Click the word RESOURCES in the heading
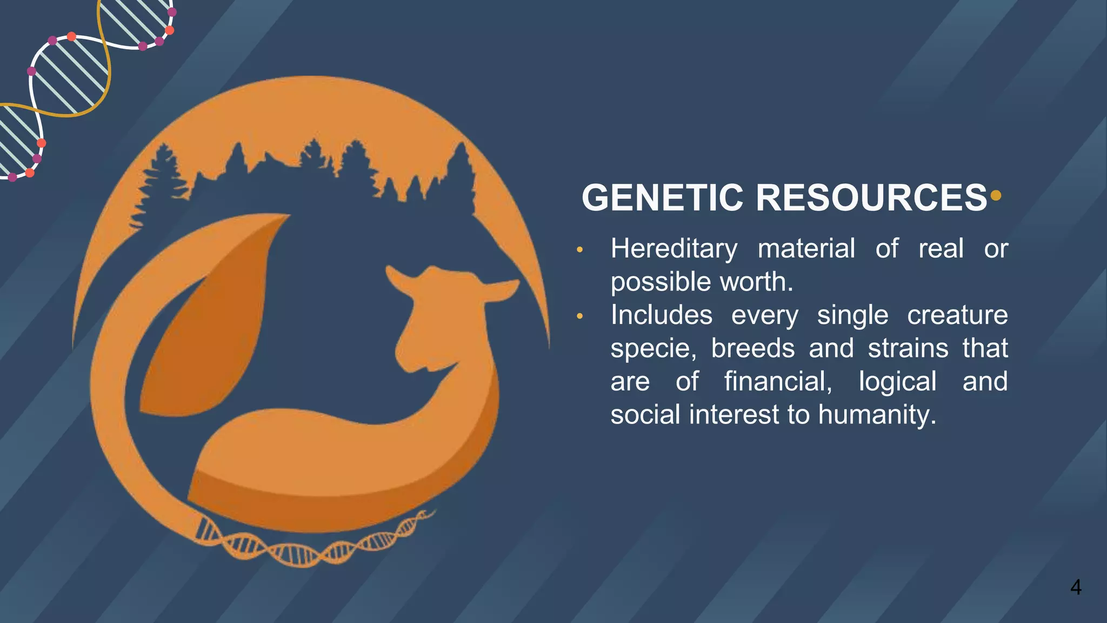click(871, 198)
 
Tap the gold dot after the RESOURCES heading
click(996, 195)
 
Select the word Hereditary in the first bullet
click(673, 249)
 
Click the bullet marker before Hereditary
click(580, 250)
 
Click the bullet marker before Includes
click(580, 316)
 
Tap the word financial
click(778, 382)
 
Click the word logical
click(897, 382)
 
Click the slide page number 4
click(1076, 587)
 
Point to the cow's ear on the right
click(500, 290)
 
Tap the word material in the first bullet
click(806, 249)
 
